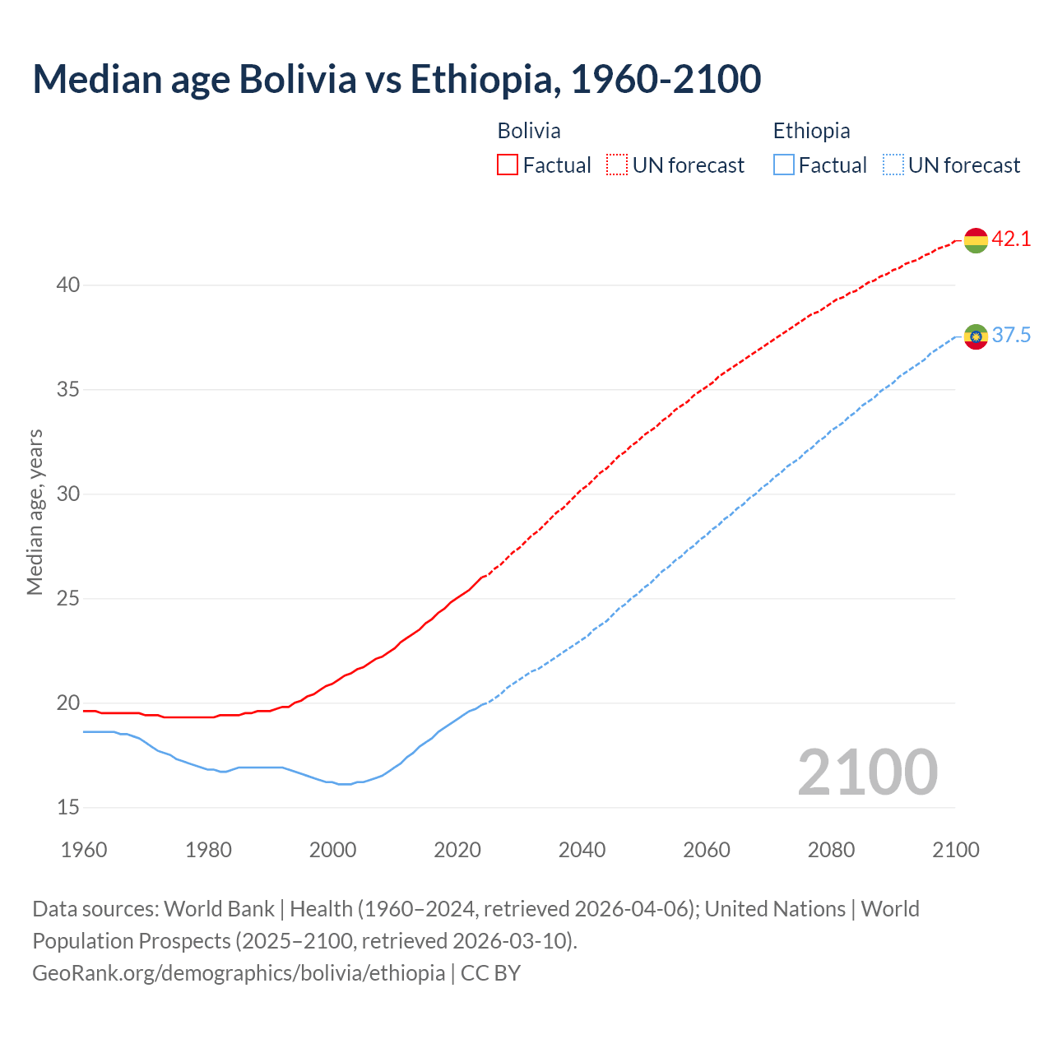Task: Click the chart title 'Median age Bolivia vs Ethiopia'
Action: click(397, 79)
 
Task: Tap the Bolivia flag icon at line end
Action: click(976, 240)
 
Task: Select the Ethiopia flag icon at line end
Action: click(976, 336)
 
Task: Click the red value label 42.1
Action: click(1011, 239)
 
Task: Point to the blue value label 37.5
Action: click(1011, 336)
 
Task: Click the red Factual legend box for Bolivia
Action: click(508, 165)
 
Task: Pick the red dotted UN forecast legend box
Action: click(617, 165)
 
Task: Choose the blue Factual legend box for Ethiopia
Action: click(784, 165)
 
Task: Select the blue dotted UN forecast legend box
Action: click(893, 165)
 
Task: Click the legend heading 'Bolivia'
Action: click(529, 131)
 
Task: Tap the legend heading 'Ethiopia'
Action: click(811, 131)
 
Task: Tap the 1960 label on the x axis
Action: click(84, 850)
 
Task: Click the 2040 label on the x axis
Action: click(582, 850)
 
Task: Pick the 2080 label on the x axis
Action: click(831, 850)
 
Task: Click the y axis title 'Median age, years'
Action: click(35, 512)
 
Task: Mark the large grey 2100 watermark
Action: click(867, 772)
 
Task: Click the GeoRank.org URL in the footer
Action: click(239, 973)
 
